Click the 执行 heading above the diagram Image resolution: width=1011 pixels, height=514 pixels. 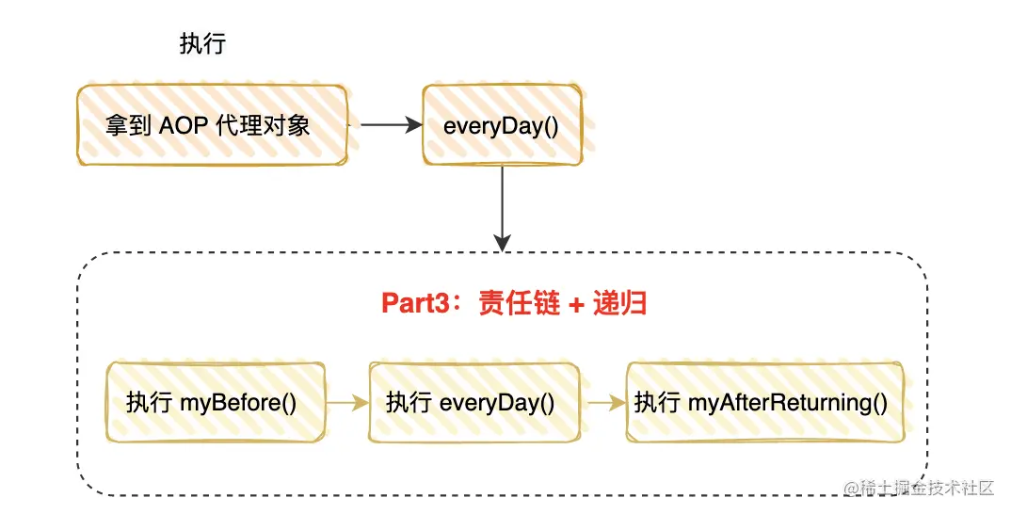point(202,44)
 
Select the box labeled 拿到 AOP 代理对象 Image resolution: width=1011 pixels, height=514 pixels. point(212,125)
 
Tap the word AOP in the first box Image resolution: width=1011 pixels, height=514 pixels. point(184,125)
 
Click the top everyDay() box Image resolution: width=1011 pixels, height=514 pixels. point(503,125)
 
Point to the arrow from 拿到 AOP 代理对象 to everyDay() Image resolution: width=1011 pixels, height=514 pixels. point(391,124)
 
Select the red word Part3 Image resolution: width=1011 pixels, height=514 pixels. point(414,303)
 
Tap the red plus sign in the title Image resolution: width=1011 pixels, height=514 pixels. point(576,304)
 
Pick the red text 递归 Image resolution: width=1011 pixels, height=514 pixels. point(619,303)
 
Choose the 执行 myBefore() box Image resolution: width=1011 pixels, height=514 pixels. point(216,402)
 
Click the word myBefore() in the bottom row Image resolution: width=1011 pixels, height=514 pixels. point(238,403)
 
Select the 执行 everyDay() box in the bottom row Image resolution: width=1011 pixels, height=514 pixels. point(473,402)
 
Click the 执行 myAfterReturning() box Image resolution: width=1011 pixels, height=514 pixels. point(764,402)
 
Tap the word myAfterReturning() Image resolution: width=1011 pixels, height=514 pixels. point(788,403)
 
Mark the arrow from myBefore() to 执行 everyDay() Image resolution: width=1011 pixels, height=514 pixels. point(347,403)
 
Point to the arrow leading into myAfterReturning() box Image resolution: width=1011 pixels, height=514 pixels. point(607,403)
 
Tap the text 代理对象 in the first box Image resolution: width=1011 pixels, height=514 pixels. point(263,125)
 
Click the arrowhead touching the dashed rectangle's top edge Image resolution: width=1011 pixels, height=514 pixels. point(502,243)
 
